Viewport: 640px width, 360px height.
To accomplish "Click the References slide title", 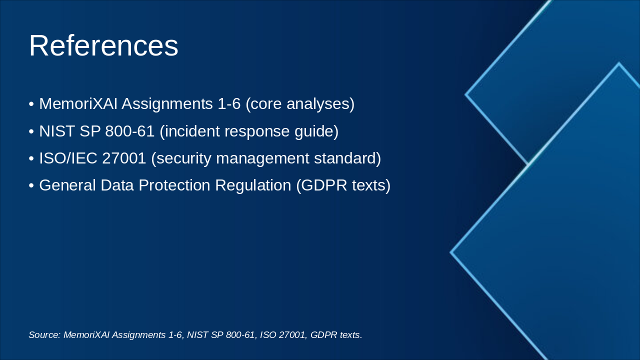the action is tap(103, 45).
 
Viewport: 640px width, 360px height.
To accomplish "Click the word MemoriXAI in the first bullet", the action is tap(78, 103).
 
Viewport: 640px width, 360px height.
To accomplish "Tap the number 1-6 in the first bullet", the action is tap(229, 103).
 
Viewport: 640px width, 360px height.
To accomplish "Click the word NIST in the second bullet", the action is tap(57, 131).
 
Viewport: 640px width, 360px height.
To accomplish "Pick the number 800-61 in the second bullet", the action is tap(129, 131).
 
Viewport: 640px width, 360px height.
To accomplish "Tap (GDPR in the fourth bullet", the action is tap(321, 185).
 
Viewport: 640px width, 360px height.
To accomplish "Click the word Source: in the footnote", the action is tap(44, 334).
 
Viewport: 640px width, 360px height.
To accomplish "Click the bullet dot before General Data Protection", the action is tap(31, 185).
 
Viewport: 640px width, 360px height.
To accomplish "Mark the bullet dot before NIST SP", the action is tap(31, 131).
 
